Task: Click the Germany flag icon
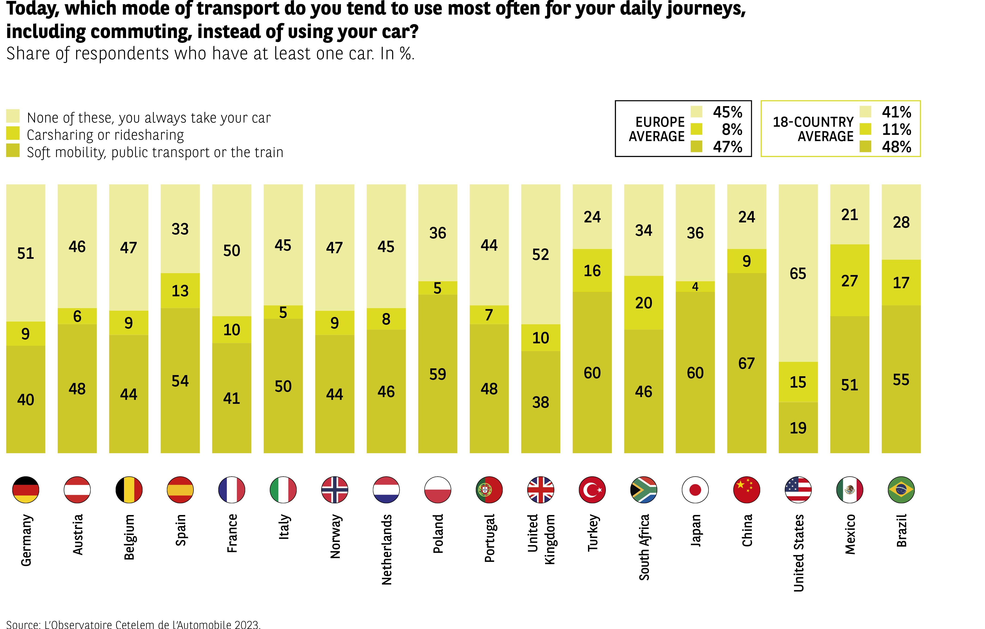26,490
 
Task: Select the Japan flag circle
695,490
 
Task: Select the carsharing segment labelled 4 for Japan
695,287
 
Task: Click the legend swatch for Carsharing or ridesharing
13,133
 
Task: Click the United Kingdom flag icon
540,490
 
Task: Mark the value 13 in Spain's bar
180,291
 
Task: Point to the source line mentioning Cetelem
133,624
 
